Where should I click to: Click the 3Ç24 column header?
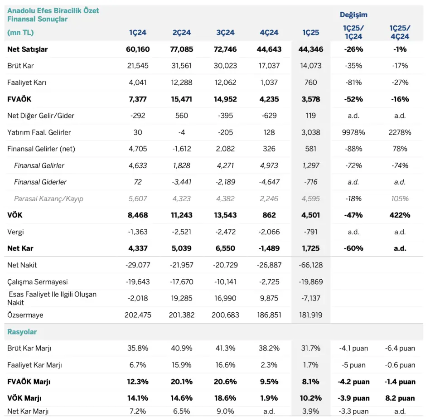[x=225, y=33]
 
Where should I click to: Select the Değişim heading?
[x=353, y=15]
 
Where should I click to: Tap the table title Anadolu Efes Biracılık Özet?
[x=53, y=10]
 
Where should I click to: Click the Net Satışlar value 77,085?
[x=181, y=49]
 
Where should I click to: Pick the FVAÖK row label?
[x=19, y=99]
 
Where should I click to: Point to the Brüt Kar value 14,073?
[x=311, y=66]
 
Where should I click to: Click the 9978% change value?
[x=353, y=132]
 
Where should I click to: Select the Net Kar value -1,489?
[x=269, y=248]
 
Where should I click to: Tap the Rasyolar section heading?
[x=22, y=332]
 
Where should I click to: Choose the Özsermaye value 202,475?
[x=138, y=315]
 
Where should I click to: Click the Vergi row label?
[x=15, y=232]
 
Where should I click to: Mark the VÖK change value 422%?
[x=400, y=215]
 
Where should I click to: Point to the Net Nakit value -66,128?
[x=311, y=265]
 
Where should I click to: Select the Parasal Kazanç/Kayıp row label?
[x=48, y=199]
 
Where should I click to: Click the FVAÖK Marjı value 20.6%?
[x=225, y=382]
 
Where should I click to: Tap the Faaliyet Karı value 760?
[x=311, y=82]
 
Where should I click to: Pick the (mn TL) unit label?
[x=20, y=33]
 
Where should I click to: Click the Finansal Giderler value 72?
[x=138, y=182]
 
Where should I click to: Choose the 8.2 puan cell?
[x=400, y=398]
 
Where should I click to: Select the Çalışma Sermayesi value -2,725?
[x=269, y=281]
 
